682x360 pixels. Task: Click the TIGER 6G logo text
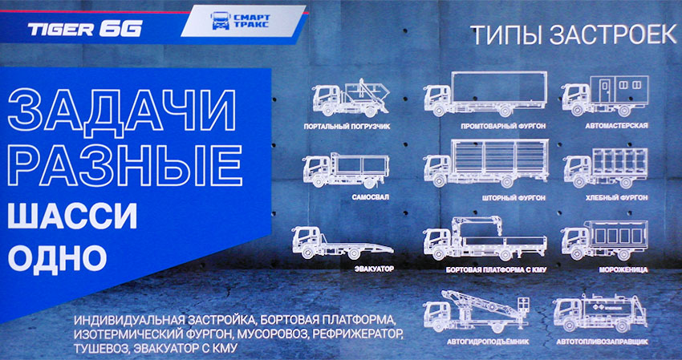[x=85, y=29]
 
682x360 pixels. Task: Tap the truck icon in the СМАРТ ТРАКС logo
[x=221, y=20]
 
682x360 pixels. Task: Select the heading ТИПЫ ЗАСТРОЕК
[x=574, y=35]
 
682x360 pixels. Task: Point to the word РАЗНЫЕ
[x=125, y=166]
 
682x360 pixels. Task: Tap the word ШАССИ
[x=72, y=216]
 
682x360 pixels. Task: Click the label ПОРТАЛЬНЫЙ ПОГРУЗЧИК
[x=347, y=127]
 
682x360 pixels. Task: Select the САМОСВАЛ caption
[x=370, y=197]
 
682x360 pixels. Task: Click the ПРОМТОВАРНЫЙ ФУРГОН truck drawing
[x=485, y=95]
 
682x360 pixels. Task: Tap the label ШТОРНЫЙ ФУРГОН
[x=514, y=198]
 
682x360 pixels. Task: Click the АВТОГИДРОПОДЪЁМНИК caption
[x=488, y=342]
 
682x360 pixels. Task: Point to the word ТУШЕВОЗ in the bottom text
[x=101, y=349]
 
